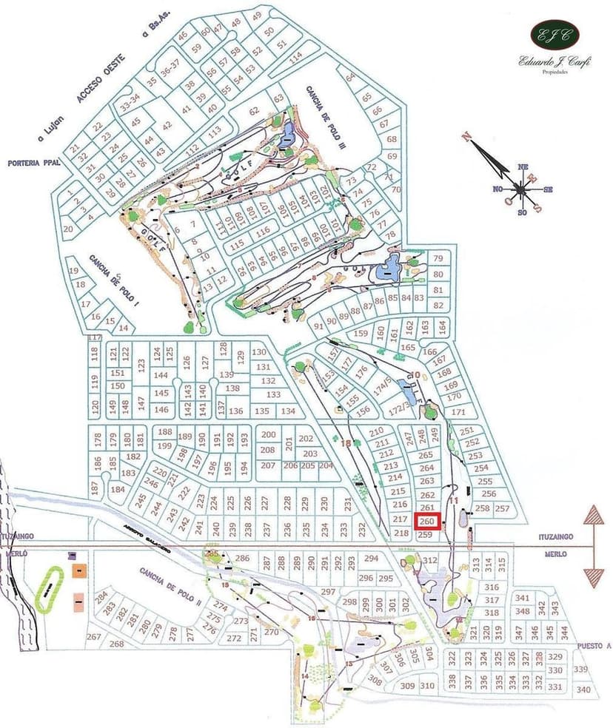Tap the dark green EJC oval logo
click(555, 34)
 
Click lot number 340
click(584, 690)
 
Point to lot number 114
click(296, 57)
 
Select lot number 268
click(117, 644)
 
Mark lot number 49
click(257, 16)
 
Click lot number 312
click(429, 560)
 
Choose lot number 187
click(95, 488)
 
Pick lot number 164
click(443, 324)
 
